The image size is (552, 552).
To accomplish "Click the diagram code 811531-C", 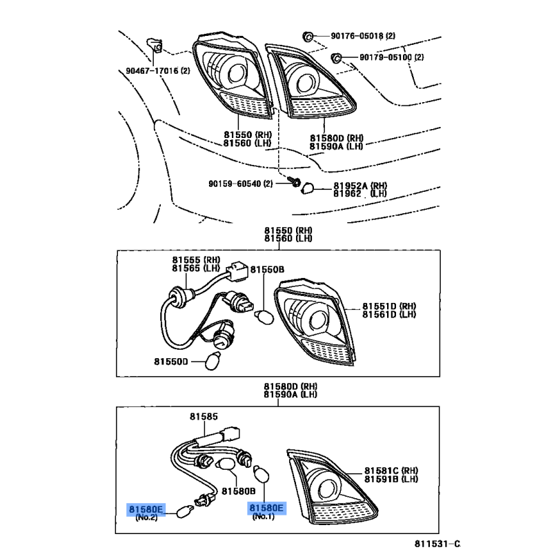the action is coord(437,544).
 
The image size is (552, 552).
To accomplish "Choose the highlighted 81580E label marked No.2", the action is coord(146,509).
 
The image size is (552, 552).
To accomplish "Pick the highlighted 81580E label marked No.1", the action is coord(266,508).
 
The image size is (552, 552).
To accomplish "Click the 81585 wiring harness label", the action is coord(204,417).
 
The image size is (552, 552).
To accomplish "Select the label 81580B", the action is coord(239,491).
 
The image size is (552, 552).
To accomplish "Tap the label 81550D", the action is coord(171,362).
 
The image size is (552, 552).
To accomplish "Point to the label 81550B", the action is coord(267,270).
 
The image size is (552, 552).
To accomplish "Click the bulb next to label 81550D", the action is coord(213,361).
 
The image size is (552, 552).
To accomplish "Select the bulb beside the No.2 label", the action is coord(185,512).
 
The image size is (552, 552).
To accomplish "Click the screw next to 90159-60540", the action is coord(295,182).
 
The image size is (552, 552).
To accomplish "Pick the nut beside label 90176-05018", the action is coord(308,37).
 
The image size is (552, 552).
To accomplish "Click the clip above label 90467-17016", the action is coord(155,46).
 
